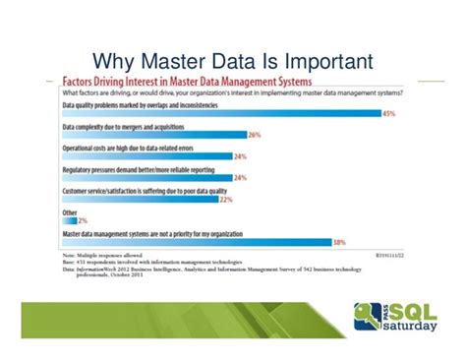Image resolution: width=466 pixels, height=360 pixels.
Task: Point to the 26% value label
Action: pos(255,135)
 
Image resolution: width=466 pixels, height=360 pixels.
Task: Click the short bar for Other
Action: pos(67,220)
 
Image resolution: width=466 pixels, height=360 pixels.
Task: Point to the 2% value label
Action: pos(83,220)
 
